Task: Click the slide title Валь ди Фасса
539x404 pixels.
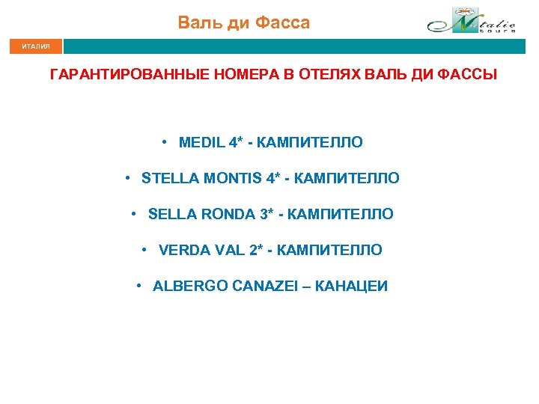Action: [243, 23]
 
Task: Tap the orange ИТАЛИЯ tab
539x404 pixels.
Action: [35, 46]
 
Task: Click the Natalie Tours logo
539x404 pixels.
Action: [471, 22]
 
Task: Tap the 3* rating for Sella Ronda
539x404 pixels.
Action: [267, 214]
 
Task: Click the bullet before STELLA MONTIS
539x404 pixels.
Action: [130, 178]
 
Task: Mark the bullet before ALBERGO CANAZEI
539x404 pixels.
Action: [140, 286]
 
